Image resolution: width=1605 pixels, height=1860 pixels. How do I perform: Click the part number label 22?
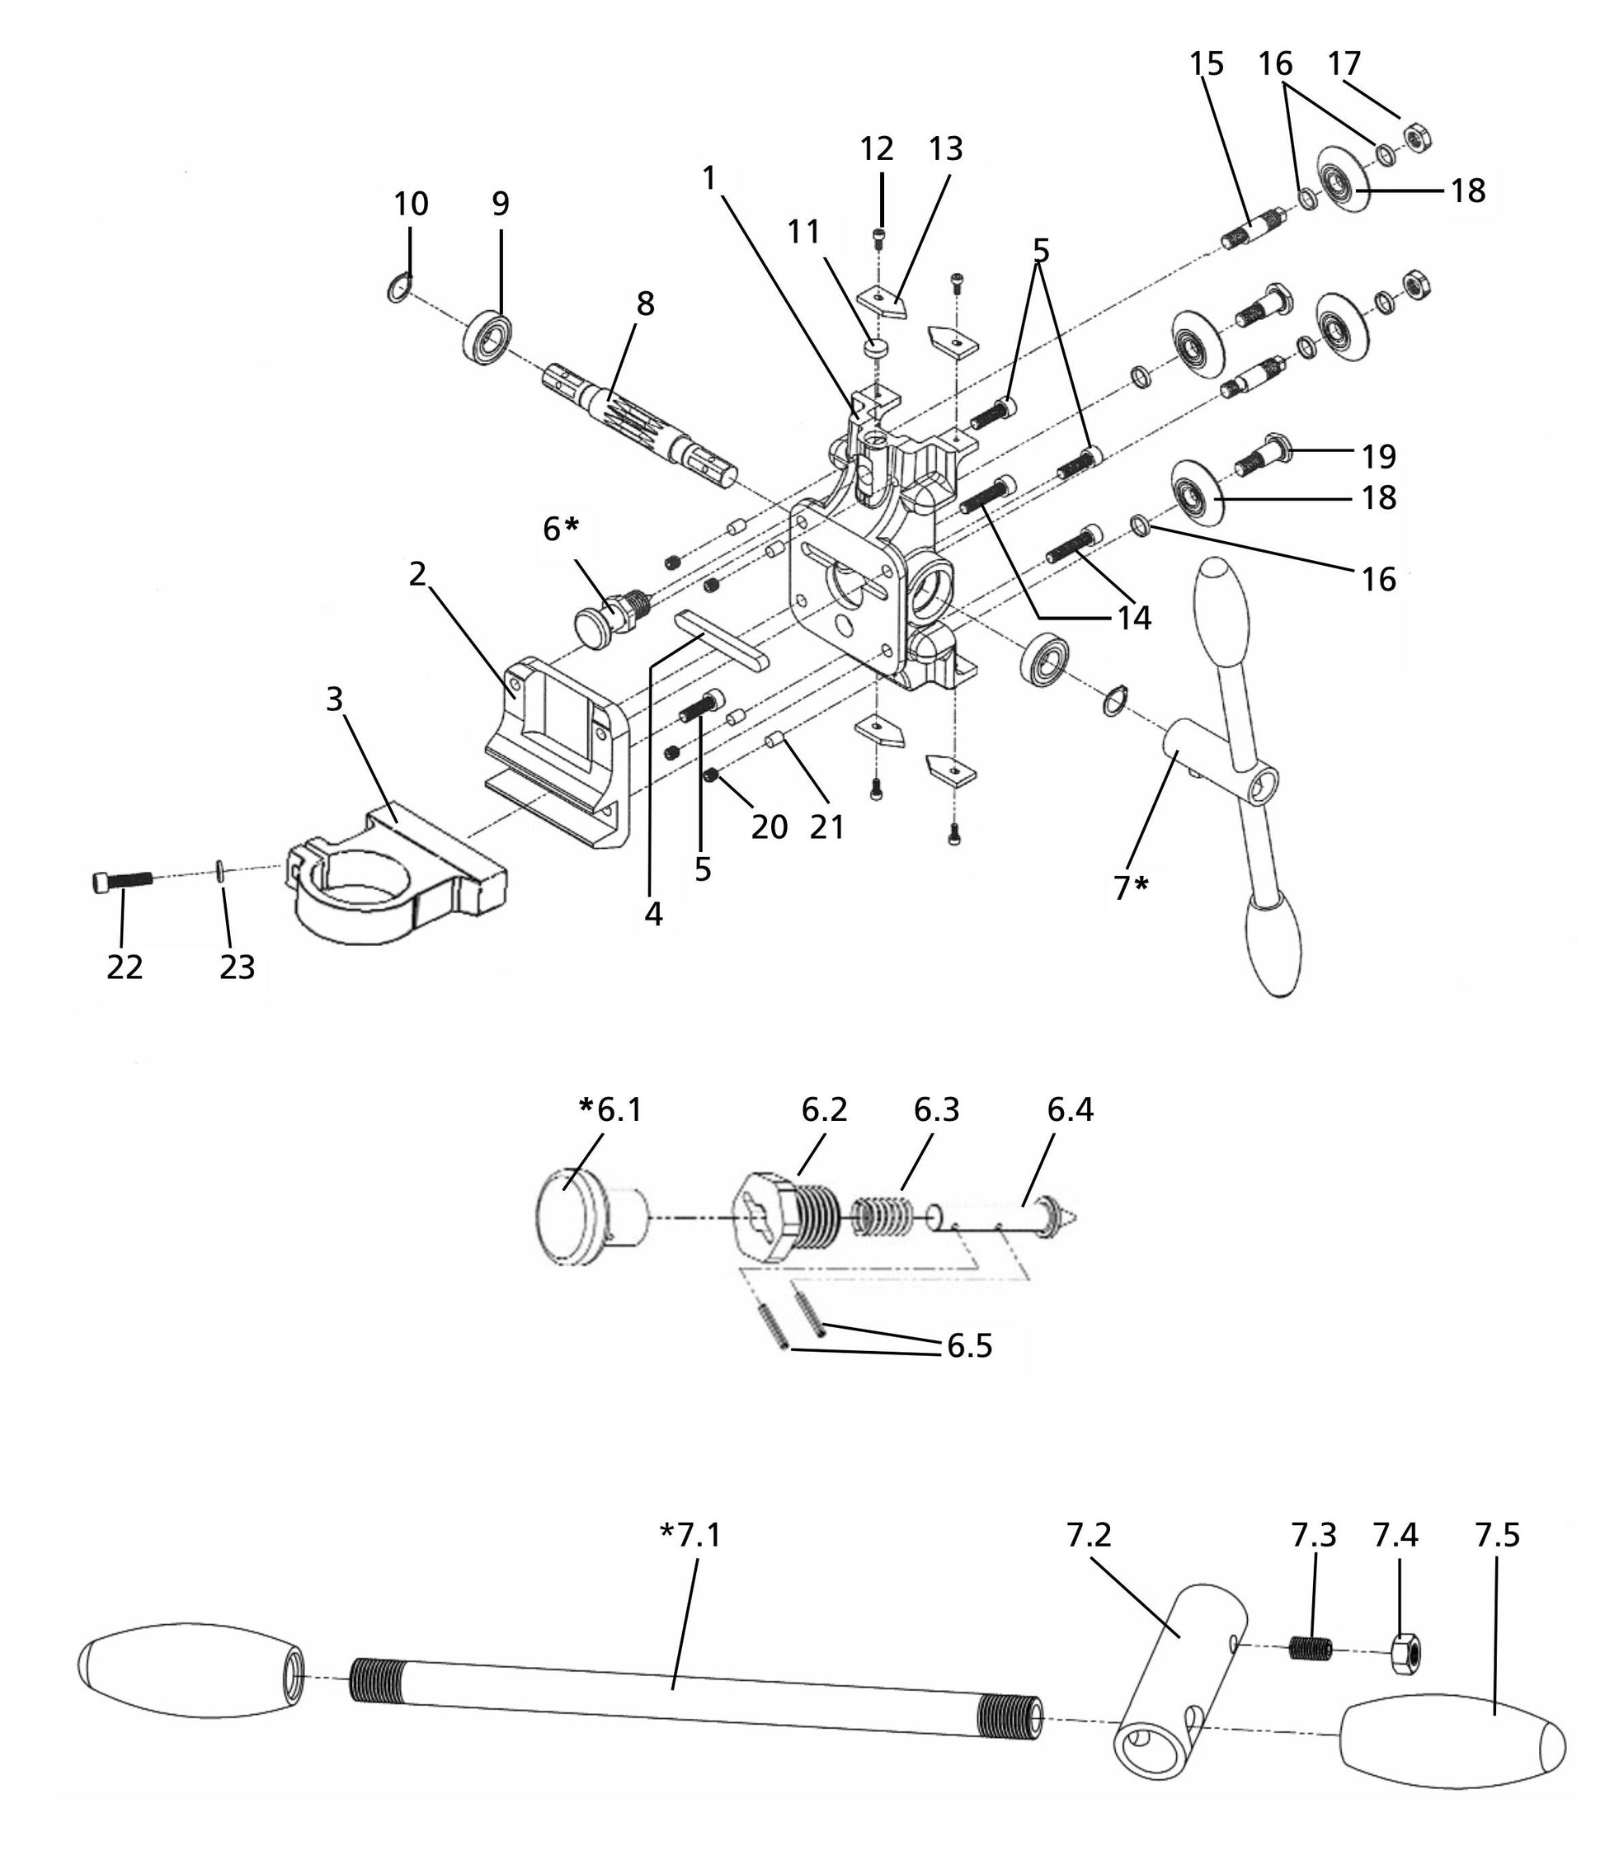(x=125, y=967)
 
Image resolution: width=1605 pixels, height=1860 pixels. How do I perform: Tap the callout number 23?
(x=237, y=967)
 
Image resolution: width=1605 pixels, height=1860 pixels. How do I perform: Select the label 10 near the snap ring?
(x=410, y=204)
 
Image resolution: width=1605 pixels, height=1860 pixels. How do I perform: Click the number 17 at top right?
(x=1344, y=64)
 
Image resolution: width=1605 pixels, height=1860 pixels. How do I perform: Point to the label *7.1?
(x=690, y=1535)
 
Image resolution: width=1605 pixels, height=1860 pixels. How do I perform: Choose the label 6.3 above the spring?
(x=936, y=1110)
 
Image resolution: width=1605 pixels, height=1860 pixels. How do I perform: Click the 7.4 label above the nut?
(x=1395, y=1535)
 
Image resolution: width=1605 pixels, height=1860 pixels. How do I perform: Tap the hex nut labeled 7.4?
(x=1405, y=1653)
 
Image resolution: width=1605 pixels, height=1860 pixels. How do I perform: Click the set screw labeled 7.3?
(x=1311, y=1647)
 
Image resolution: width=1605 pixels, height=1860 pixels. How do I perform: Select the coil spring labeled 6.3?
(x=882, y=1218)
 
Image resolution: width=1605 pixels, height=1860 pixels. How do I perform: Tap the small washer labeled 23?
(x=220, y=872)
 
